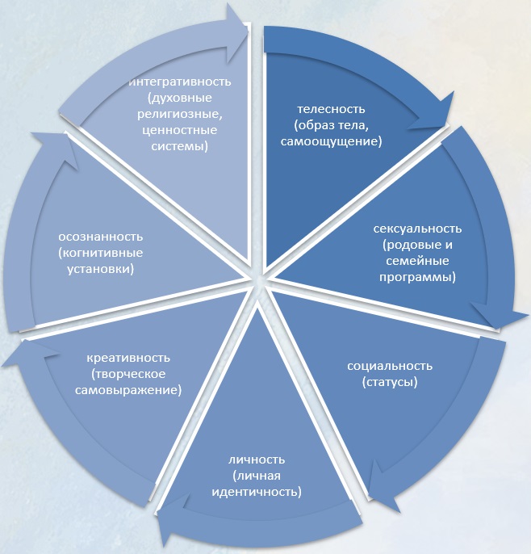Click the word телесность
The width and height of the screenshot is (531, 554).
click(x=332, y=108)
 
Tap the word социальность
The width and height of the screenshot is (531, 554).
click(x=390, y=365)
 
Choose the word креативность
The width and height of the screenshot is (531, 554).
click(x=133, y=357)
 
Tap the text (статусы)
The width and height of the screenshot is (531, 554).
click(x=390, y=381)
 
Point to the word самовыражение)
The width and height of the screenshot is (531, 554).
click(x=134, y=389)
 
